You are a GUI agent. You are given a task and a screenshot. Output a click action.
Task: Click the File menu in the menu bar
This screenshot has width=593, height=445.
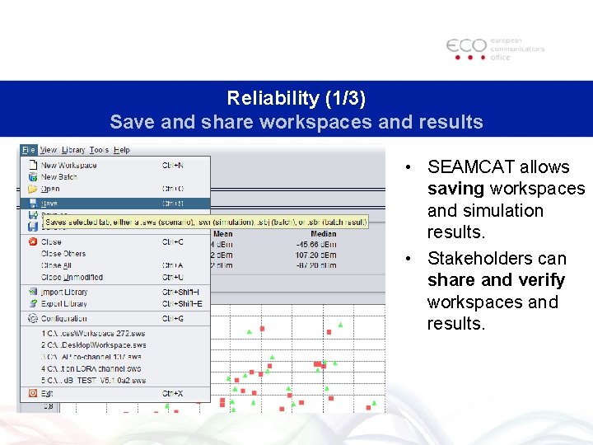point(29,150)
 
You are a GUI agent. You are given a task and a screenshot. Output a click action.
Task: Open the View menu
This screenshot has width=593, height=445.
point(49,150)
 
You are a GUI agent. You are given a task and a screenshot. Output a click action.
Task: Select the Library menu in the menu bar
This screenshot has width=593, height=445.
point(73,150)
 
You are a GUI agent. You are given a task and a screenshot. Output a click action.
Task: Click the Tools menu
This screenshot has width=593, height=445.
point(99,150)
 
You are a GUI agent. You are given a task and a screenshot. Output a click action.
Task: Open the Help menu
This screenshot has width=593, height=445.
point(122,150)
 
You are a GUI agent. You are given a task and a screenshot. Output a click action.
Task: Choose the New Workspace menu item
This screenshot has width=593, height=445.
point(69,165)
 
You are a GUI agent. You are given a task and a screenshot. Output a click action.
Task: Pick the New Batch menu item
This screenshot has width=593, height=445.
point(59,176)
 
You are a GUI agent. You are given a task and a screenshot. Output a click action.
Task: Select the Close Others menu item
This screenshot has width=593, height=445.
point(63,254)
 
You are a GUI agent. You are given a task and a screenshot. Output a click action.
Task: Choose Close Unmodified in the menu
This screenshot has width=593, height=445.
point(72,277)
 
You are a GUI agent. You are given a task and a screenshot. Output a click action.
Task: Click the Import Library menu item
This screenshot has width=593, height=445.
point(64,292)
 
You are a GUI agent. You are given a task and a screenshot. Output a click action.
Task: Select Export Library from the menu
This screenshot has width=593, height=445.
point(64,304)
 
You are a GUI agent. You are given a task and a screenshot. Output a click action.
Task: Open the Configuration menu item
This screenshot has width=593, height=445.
point(64,318)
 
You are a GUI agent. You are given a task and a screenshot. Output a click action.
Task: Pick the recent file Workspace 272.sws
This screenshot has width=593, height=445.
point(93,334)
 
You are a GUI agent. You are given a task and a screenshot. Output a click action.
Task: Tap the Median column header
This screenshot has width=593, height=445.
point(323,234)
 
